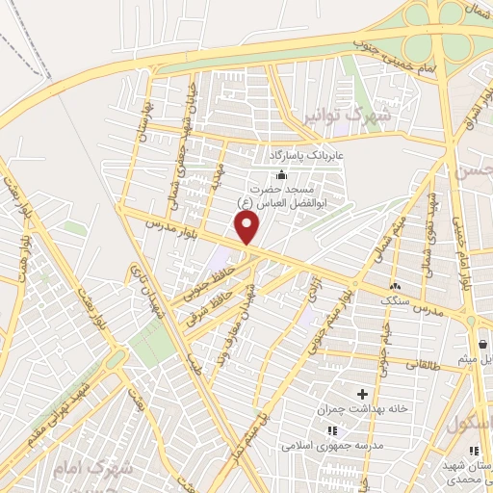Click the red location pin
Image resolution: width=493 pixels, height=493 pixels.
pyautogui.click(x=249, y=228)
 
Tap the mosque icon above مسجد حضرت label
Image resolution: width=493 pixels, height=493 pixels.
pyautogui.click(x=281, y=174)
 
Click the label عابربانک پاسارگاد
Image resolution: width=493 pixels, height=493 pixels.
pyautogui.click(x=299, y=154)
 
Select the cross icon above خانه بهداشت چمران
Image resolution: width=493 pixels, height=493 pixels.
pyautogui.click(x=363, y=394)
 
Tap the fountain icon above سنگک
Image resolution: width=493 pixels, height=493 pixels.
pyautogui.click(x=395, y=286)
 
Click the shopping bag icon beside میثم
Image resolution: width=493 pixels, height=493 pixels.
pyautogui.click(x=482, y=344)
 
